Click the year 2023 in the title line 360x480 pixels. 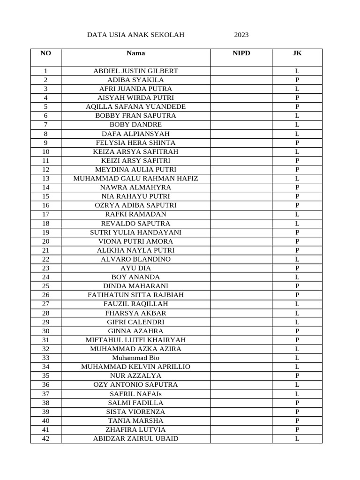coord(241,35)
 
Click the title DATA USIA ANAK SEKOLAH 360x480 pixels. coord(136,35)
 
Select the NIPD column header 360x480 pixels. coord(241,53)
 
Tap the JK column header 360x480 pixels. coord(297,53)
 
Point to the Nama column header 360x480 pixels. coord(135,53)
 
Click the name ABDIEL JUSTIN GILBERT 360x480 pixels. coord(135,71)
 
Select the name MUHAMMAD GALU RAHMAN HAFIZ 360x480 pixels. coord(135,179)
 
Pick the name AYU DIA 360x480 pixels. coord(135,268)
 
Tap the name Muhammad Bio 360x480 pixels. coord(135,358)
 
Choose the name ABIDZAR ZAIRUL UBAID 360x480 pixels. coord(135,439)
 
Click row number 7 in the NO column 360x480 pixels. coord(45,125)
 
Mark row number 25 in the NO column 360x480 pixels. coord(45,286)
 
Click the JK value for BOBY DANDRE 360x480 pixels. coord(297,125)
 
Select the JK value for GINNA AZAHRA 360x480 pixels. coord(297,331)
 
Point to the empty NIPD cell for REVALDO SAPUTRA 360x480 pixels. coord(241,224)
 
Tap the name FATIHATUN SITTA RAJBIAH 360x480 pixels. coord(135,295)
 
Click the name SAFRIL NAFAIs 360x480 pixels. coord(135,394)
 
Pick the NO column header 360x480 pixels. coord(45,53)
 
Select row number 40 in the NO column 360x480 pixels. coord(45,420)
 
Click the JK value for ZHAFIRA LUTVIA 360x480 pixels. coord(297,429)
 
